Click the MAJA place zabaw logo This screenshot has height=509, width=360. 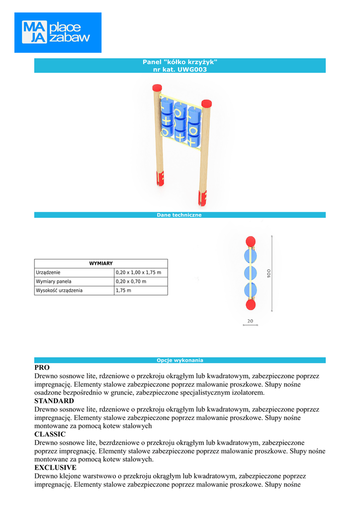tap(58, 33)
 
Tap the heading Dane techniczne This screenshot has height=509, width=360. tap(179, 215)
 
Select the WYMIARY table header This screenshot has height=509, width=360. tap(101, 263)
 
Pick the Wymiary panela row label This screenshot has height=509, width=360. tap(54, 281)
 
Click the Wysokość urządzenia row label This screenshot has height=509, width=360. tap(59, 290)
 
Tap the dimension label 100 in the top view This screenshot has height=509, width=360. tap(269, 273)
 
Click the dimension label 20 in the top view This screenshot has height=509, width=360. tap(250, 321)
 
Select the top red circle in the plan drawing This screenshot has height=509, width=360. tap(251, 241)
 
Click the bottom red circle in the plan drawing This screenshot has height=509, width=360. tap(251, 304)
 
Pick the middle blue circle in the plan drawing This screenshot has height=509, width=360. tap(251, 273)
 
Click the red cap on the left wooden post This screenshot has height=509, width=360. tap(157, 88)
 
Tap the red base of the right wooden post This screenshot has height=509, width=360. tap(203, 198)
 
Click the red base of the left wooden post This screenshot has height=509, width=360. tap(160, 178)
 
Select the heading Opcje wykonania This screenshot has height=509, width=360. tap(180, 360)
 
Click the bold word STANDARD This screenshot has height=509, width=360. tap(54, 401)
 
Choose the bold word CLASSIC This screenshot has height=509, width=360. tap(50, 434)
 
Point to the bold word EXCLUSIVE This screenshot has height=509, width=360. tap(55, 468)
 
